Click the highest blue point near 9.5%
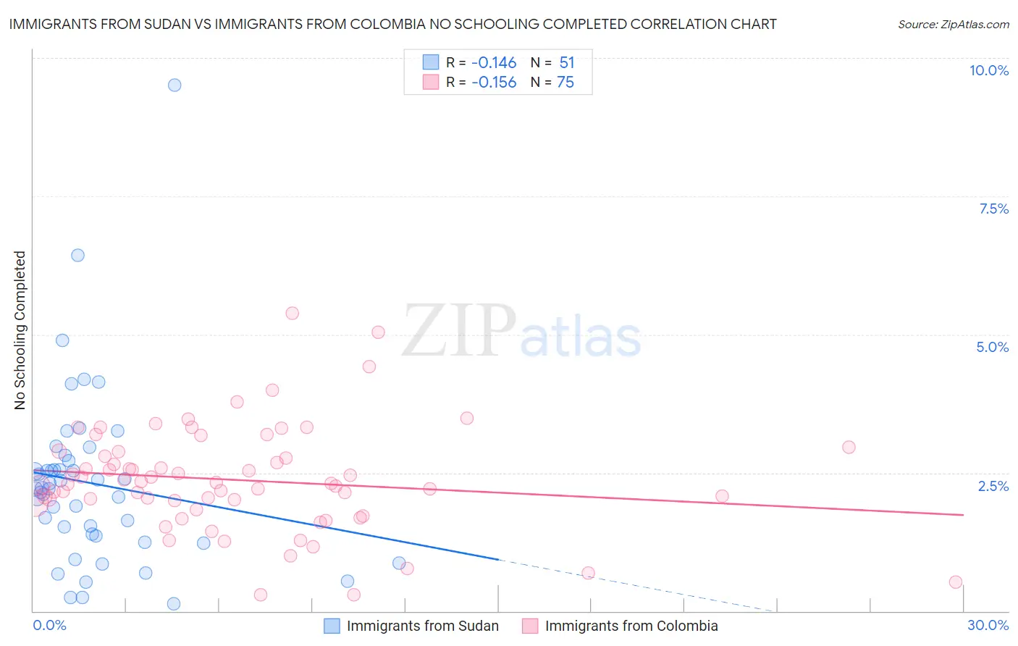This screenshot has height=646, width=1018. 174,85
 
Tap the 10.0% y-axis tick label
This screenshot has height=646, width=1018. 988,70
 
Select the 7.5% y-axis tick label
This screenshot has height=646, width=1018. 993,209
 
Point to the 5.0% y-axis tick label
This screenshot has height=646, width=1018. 992,347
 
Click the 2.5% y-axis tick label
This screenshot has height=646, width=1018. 993,486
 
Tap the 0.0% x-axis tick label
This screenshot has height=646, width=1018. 49,625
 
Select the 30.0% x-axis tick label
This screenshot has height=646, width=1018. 988,625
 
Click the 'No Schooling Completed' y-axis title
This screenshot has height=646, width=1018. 20,330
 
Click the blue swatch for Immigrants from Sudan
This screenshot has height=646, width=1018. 332,626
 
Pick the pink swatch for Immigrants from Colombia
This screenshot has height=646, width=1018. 530,626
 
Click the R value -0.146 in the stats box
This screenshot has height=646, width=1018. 494,63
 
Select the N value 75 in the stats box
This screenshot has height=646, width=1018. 565,83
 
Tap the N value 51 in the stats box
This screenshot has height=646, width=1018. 566,63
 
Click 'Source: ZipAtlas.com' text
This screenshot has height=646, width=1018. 953,25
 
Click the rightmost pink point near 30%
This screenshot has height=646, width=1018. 955,582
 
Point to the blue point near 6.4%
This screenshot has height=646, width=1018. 77,255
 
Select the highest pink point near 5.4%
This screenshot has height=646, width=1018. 292,313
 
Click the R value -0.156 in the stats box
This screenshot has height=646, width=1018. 494,83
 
